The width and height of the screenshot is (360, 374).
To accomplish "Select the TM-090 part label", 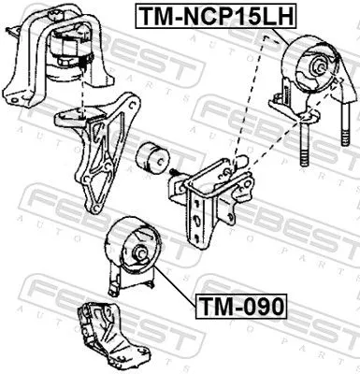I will [x=239, y=305].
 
